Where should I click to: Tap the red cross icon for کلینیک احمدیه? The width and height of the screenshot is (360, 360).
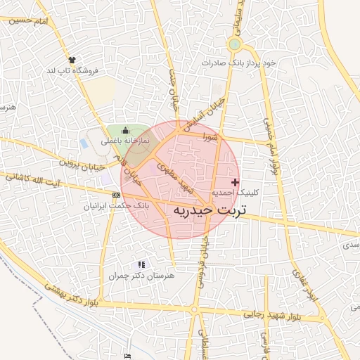[x=235, y=182]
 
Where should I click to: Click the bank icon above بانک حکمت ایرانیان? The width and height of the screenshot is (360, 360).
[x=116, y=195]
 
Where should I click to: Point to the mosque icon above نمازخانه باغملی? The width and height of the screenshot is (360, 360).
[x=126, y=130]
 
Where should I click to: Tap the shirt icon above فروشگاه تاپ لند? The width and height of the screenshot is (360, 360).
[x=72, y=60]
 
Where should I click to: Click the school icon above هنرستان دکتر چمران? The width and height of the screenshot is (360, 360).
[x=141, y=264]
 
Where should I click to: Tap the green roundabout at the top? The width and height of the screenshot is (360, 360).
[x=234, y=44]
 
